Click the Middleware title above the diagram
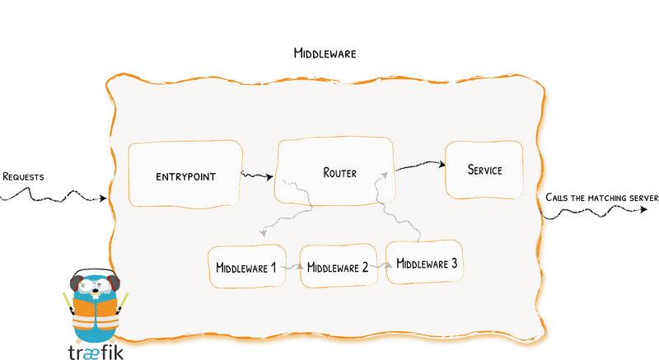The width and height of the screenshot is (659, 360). point(325,54)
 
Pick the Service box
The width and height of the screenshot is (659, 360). point(484,171)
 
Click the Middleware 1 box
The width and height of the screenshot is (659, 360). point(245,267)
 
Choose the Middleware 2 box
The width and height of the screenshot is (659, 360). point(336,267)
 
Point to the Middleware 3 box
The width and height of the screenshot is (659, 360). point(426,263)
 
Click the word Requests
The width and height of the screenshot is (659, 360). point(23,176)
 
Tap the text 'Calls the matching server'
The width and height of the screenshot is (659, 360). point(601,198)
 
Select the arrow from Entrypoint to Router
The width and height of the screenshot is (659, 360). point(259,175)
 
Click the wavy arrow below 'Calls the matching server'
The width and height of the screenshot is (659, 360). point(593,212)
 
